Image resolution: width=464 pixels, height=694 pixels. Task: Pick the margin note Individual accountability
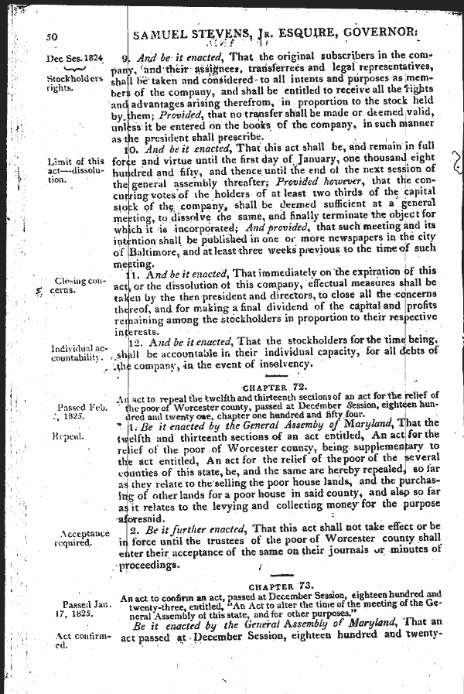(x=77, y=353)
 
